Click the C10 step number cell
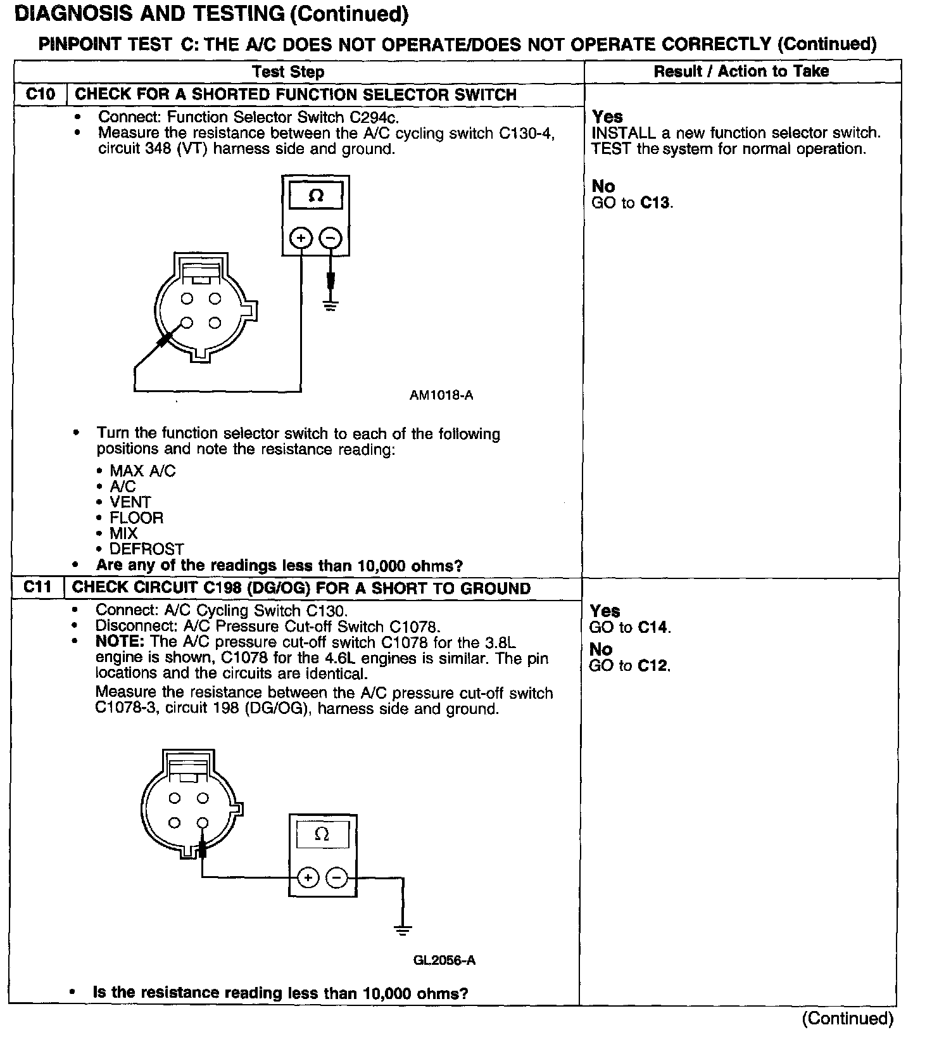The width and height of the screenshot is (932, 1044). [41, 94]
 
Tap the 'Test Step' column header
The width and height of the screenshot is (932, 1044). [288, 72]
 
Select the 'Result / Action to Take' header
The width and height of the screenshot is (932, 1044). [741, 71]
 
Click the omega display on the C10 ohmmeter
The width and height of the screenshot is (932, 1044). [315, 196]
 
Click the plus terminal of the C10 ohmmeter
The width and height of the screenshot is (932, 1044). [301, 238]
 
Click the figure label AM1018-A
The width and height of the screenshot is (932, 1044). [441, 395]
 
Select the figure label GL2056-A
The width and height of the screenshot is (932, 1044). [444, 960]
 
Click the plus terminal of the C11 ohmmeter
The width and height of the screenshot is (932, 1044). [308, 877]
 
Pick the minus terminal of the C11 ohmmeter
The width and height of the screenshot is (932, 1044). [336, 877]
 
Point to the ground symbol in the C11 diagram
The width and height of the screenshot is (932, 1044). [402, 930]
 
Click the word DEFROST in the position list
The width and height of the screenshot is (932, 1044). [147, 549]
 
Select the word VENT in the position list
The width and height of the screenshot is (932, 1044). [130, 502]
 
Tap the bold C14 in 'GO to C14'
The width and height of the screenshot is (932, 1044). [652, 627]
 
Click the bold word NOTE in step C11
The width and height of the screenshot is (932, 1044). [120, 642]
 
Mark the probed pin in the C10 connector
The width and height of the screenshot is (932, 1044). [186, 322]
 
